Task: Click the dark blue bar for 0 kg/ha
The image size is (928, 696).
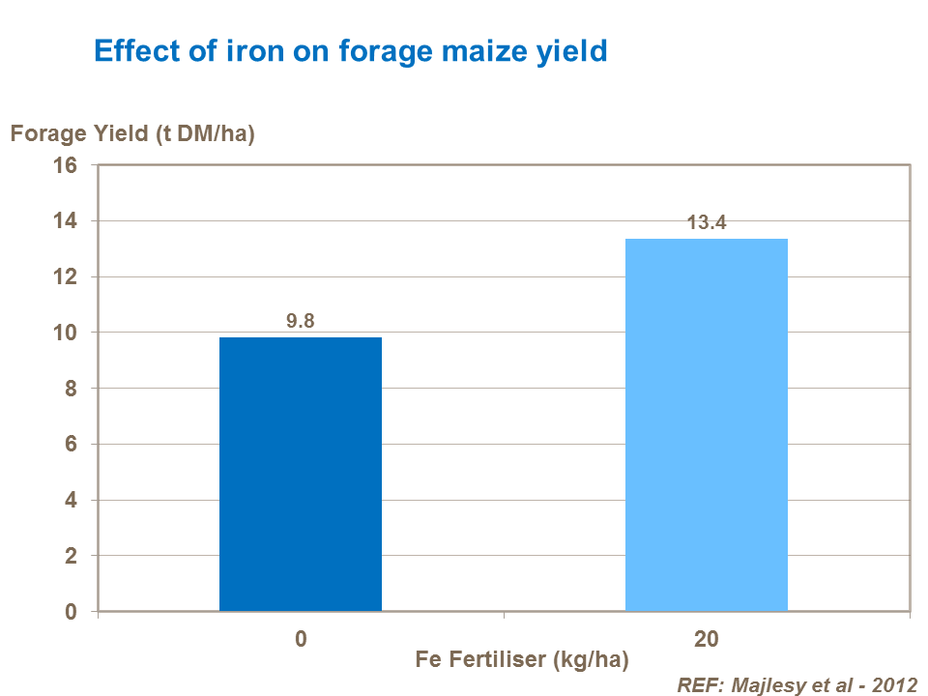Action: pos(301,474)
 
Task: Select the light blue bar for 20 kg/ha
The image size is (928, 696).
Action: pos(707,424)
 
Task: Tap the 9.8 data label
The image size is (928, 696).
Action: pos(301,321)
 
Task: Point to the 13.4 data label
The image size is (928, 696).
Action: pos(707,222)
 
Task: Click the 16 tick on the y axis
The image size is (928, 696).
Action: pos(65,165)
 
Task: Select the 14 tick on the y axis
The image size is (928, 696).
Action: pos(65,221)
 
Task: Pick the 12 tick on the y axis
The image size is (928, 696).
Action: pos(65,277)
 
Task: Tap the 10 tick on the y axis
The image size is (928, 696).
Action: pos(65,333)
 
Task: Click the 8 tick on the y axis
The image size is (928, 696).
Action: pos(71,389)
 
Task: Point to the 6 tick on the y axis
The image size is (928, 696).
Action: pos(71,445)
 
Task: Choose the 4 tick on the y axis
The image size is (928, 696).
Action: pos(71,501)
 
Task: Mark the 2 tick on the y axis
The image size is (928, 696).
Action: pos(71,557)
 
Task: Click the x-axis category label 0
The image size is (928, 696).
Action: pos(302,639)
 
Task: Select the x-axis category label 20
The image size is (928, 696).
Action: pos(707,639)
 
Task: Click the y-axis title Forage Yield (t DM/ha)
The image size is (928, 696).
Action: pos(132,134)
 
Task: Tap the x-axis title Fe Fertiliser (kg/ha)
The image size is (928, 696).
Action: pos(523,661)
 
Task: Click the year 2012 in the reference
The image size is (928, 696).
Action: pos(894,684)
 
